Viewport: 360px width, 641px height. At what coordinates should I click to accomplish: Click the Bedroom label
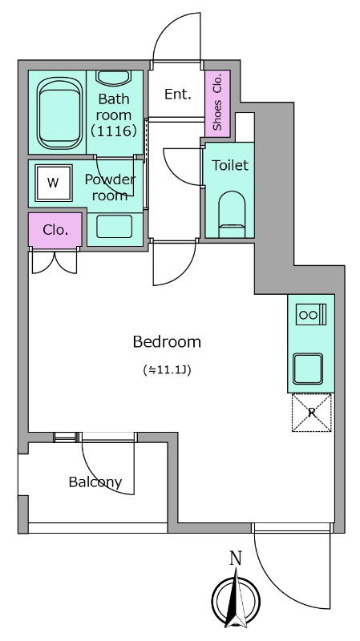167,342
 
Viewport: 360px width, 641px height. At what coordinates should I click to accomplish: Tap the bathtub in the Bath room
59,113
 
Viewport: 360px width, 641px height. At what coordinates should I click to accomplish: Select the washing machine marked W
54,183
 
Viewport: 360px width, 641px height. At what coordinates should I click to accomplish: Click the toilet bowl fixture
232,214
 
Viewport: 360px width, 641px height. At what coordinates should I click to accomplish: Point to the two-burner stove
311,314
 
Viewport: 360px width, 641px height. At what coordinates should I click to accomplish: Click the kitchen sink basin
308,369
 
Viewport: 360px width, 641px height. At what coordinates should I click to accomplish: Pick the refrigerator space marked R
312,413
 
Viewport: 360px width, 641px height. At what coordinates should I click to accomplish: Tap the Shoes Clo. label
217,102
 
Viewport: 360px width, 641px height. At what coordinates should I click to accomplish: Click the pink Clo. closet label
55,230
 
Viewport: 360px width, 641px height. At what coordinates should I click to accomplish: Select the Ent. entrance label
178,95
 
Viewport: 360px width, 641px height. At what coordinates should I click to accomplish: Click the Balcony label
95,483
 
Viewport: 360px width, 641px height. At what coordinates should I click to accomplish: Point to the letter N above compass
235,558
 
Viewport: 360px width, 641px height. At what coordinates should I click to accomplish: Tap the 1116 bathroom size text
113,131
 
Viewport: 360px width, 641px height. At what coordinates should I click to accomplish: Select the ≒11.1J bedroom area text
168,370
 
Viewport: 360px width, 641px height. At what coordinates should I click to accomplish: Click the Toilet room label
230,165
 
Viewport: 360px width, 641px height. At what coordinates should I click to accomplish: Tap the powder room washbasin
115,227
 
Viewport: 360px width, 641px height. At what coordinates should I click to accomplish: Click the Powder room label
110,187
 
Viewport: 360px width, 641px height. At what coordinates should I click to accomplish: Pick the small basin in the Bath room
113,79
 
